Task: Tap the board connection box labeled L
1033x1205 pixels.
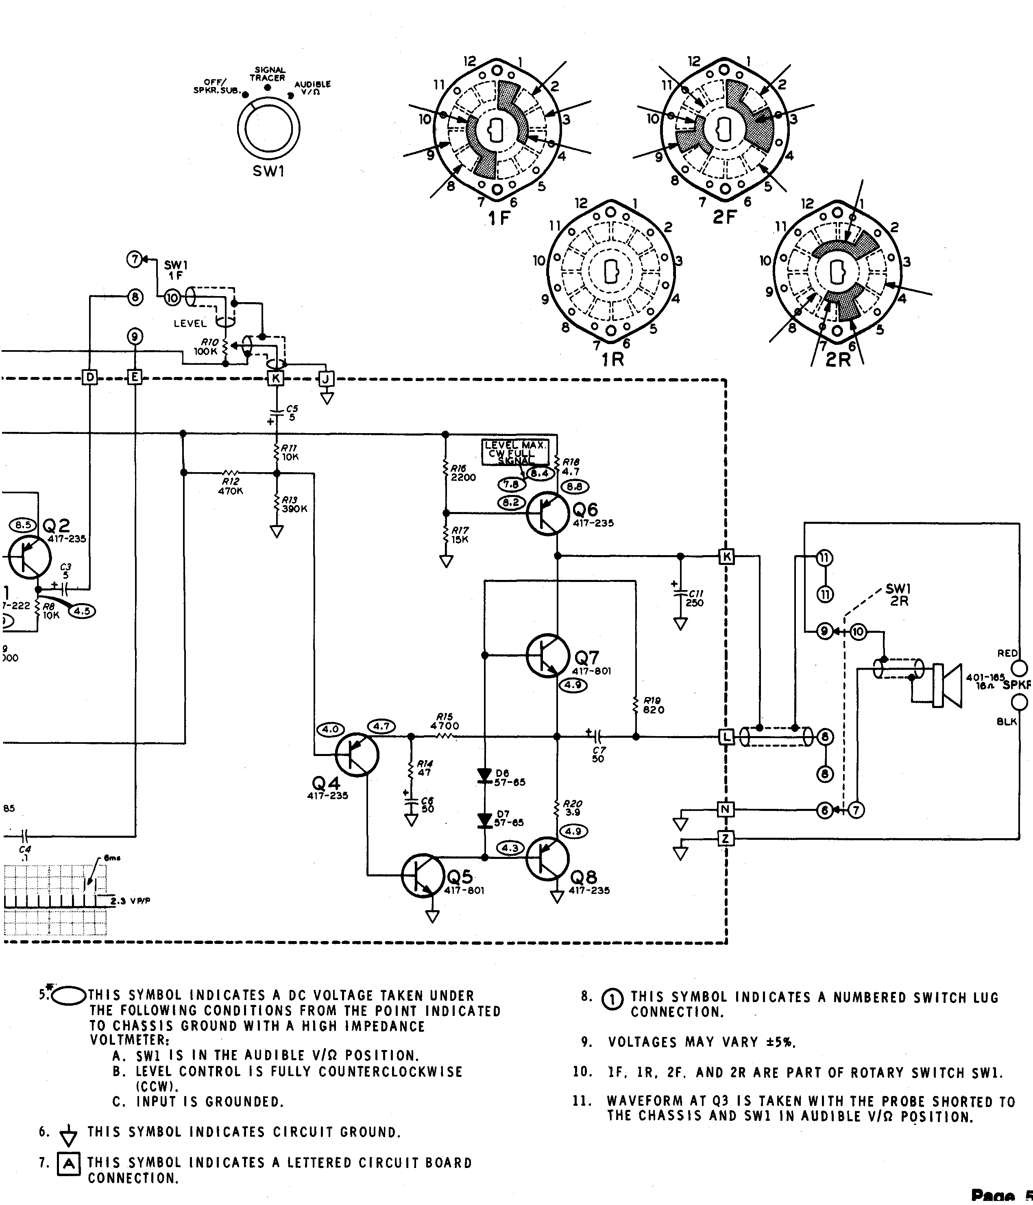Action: pyautogui.click(x=726, y=737)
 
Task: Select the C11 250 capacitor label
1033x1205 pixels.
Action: pyautogui.click(x=694, y=598)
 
